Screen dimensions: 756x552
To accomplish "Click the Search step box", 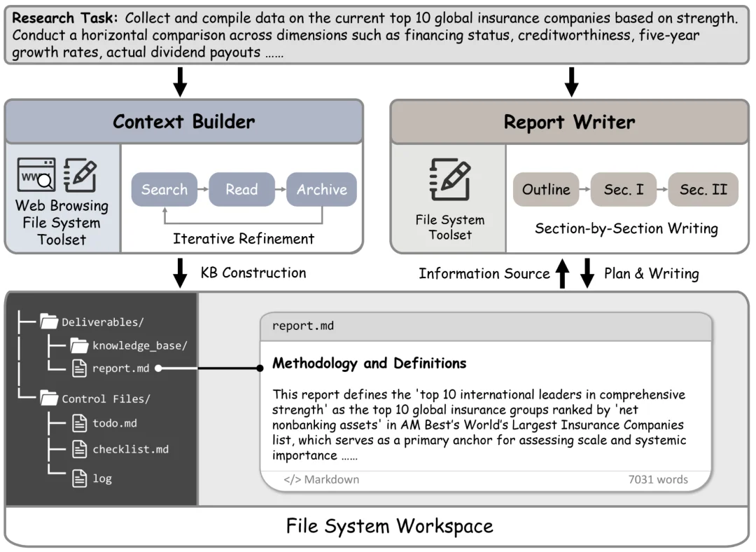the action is click(164, 189).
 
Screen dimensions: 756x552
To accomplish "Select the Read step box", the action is click(241, 189).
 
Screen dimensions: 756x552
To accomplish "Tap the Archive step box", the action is click(321, 189).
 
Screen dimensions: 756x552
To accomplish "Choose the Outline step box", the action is click(546, 189).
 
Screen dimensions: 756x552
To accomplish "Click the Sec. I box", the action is click(624, 189).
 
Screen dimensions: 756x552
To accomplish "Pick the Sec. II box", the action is click(703, 189).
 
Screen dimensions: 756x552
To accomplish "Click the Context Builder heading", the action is click(183, 122).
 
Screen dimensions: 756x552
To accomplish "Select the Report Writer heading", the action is click(569, 122).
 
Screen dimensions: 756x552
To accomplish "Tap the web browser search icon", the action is click(36, 174).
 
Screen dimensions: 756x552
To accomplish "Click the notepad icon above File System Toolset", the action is click(450, 179).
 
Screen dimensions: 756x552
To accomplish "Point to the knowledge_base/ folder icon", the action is click(79, 345).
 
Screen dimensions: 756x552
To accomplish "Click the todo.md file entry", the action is click(104, 423).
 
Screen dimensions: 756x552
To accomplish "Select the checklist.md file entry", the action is click(120, 449).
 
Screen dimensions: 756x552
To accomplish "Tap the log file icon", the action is click(80, 478).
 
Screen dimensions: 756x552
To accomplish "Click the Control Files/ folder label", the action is click(106, 399).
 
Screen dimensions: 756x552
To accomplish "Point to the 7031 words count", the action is click(657, 479).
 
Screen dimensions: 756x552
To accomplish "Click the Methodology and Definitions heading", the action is click(370, 363).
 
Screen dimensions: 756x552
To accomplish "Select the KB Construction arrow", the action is click(180, 273).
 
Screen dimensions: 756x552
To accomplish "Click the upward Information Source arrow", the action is click(562, 273).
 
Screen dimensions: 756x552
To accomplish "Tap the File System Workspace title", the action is click(390, 526).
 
